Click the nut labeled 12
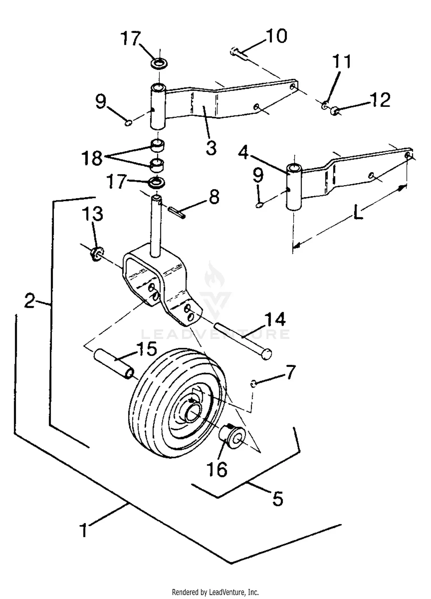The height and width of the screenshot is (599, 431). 334,110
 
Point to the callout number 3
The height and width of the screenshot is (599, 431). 211,148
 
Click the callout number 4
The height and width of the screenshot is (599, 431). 243,152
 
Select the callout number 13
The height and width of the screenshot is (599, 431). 93,214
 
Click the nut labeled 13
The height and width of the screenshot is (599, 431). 97,254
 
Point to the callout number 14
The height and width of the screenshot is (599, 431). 275,319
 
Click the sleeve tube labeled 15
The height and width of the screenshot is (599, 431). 113,364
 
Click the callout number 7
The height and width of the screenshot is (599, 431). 290,372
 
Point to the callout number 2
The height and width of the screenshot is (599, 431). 30,301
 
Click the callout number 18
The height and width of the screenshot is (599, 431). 92,158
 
